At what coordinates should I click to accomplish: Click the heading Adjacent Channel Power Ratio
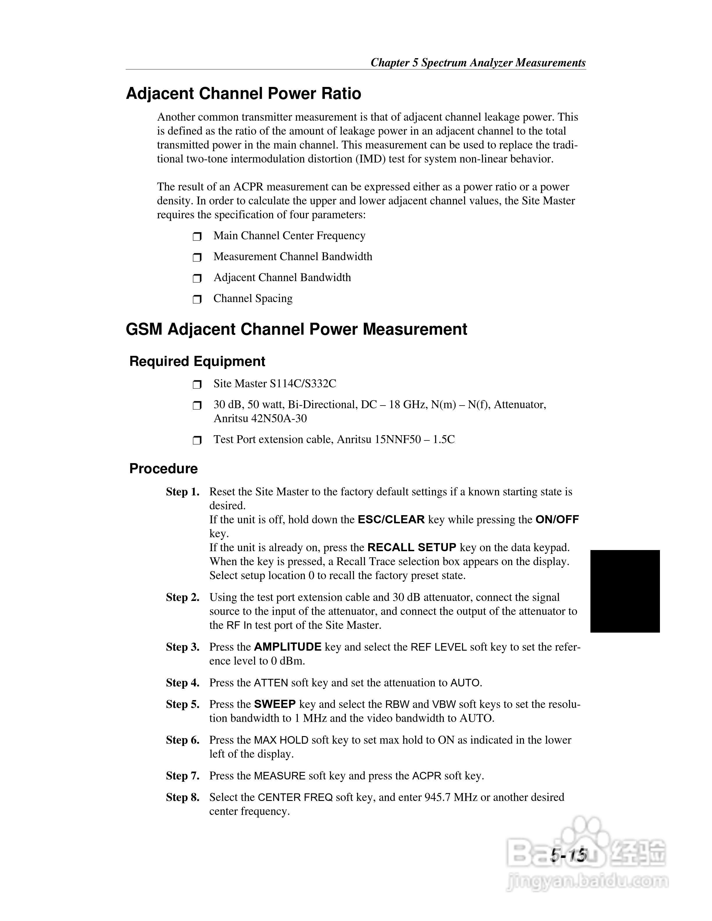click(x=243, y=94)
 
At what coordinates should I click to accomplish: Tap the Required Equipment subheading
click(x=197, y=361)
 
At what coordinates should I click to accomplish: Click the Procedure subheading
click(x=163, y=469)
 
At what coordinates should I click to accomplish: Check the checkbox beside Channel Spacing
click(x=197, y=299)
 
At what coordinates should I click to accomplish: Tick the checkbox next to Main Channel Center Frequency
click(x=197, y=237)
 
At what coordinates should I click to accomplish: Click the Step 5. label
click(x=182, y=705)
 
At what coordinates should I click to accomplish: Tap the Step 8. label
click(x=182, y=797)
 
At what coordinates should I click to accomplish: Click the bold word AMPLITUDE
click(x=288, y=647)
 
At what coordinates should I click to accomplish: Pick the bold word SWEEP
click(x=275, y=705)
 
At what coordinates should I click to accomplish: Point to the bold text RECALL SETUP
click(x=412, y=548)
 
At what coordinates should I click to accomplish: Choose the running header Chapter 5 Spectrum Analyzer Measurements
click(x=478, y=63)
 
